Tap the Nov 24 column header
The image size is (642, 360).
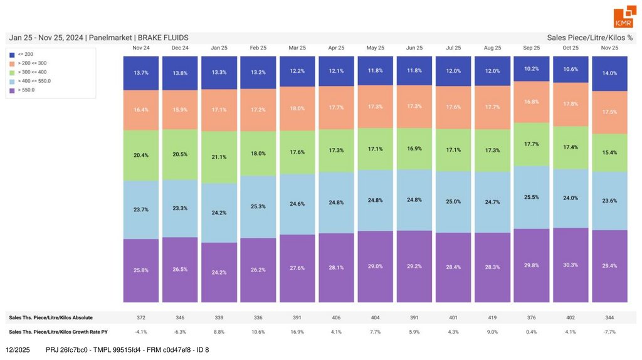(141, 48)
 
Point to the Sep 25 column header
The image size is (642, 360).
(532, 48)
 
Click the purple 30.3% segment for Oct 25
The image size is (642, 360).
(571, 265)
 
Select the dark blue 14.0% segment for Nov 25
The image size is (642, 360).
(609, 73)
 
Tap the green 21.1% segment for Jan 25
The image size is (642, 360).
(219, 157)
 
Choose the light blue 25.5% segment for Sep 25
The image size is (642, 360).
(532, 197)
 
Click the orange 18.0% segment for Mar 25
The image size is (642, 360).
(297, 109)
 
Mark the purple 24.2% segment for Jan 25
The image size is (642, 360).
(219, 273)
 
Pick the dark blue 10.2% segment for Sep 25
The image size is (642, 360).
(532, 68)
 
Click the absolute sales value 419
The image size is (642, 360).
(492, 317)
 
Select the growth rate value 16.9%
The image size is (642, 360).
(297, 332)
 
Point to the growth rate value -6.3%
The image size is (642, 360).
(180, 332)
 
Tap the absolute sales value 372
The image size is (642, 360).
(141, 317)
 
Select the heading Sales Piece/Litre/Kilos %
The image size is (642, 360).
(589, 38)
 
